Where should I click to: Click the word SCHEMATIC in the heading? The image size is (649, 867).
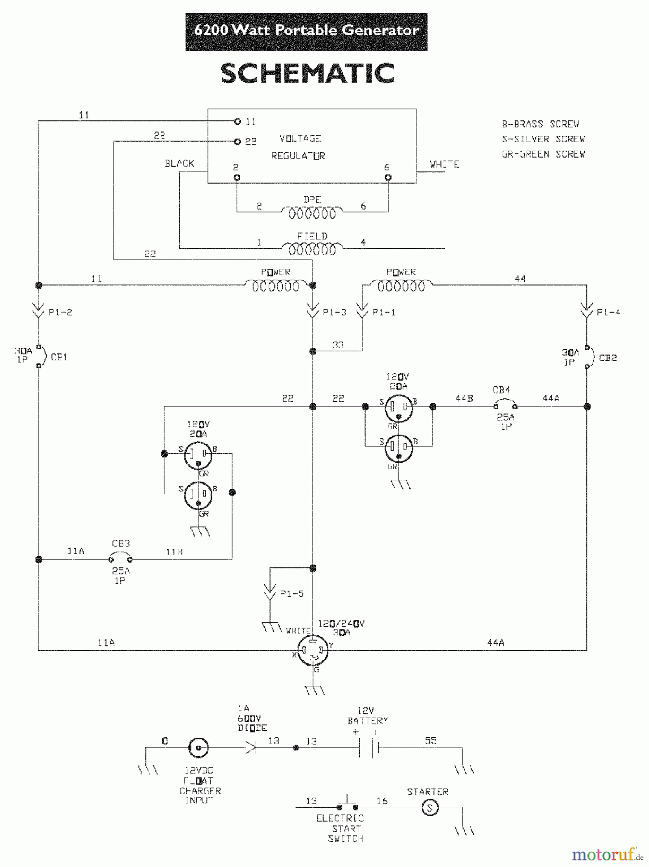[307, 74]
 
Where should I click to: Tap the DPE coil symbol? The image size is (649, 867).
[312, 212]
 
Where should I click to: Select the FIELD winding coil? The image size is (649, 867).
[312, 249]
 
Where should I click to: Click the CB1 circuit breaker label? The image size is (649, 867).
[59, 357]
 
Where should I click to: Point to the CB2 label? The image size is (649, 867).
[608, 358]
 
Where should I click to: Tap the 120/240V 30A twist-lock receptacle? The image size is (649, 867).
[312, 651]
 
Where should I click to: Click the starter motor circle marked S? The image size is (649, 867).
[430, 808]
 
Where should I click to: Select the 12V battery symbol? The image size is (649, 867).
[369, 747]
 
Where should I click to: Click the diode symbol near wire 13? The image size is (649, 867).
[251, 748]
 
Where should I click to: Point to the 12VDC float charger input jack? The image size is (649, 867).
[198, 748]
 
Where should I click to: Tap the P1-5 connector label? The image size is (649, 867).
[292, 593]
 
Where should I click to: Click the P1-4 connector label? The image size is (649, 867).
[608, 312]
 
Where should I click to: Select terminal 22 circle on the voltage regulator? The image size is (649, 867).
[237, 142]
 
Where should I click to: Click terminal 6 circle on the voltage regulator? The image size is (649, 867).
[388, 177]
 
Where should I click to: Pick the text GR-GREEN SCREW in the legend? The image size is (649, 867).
[544, 154]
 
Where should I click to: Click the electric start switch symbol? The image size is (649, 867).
[347, 806]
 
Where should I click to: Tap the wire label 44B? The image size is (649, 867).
[464, 398]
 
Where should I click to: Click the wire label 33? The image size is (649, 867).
[337, 344]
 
